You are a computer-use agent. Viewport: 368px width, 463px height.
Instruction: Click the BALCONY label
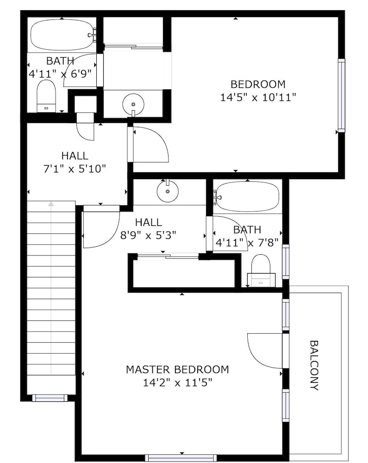pyautogui.click(x=315, y=366)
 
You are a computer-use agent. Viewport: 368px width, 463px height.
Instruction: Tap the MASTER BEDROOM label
pyautogui.click(x=177, y=369)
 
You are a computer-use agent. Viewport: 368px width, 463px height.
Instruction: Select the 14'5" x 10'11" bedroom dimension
pyautogui.click(x=258, y=97)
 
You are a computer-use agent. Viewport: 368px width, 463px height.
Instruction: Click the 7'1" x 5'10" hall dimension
pyautogui.click(x=75, y=169)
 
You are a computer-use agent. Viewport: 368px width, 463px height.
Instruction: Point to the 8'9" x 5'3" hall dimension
pyautogui.click(x=149, y=235)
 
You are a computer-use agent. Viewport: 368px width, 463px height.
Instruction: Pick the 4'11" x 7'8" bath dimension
pyautogui.click(x=247, y=243)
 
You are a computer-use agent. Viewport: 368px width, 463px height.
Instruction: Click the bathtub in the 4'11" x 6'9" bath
pyautogui.click(x=63, y=35)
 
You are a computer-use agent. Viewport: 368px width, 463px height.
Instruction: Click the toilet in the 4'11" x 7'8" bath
pyautogui.click(x=261, y=271)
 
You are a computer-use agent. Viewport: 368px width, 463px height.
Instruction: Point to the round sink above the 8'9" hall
pyautogui.click(x=168, y=191)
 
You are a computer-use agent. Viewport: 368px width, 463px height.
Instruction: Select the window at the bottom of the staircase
pyautogui.click(x=50, y=398)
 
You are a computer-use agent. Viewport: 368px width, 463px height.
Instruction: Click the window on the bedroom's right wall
pyautogui.click(x=342, y=95)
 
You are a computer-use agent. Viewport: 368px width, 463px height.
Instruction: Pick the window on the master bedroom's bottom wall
pyautogui.click(x=181, y=458)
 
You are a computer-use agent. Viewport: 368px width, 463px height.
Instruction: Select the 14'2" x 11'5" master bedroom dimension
pyautogui.click(x=178, y=383)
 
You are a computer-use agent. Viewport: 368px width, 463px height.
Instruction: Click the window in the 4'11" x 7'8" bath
pyautogui.click(x=286, y=262)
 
